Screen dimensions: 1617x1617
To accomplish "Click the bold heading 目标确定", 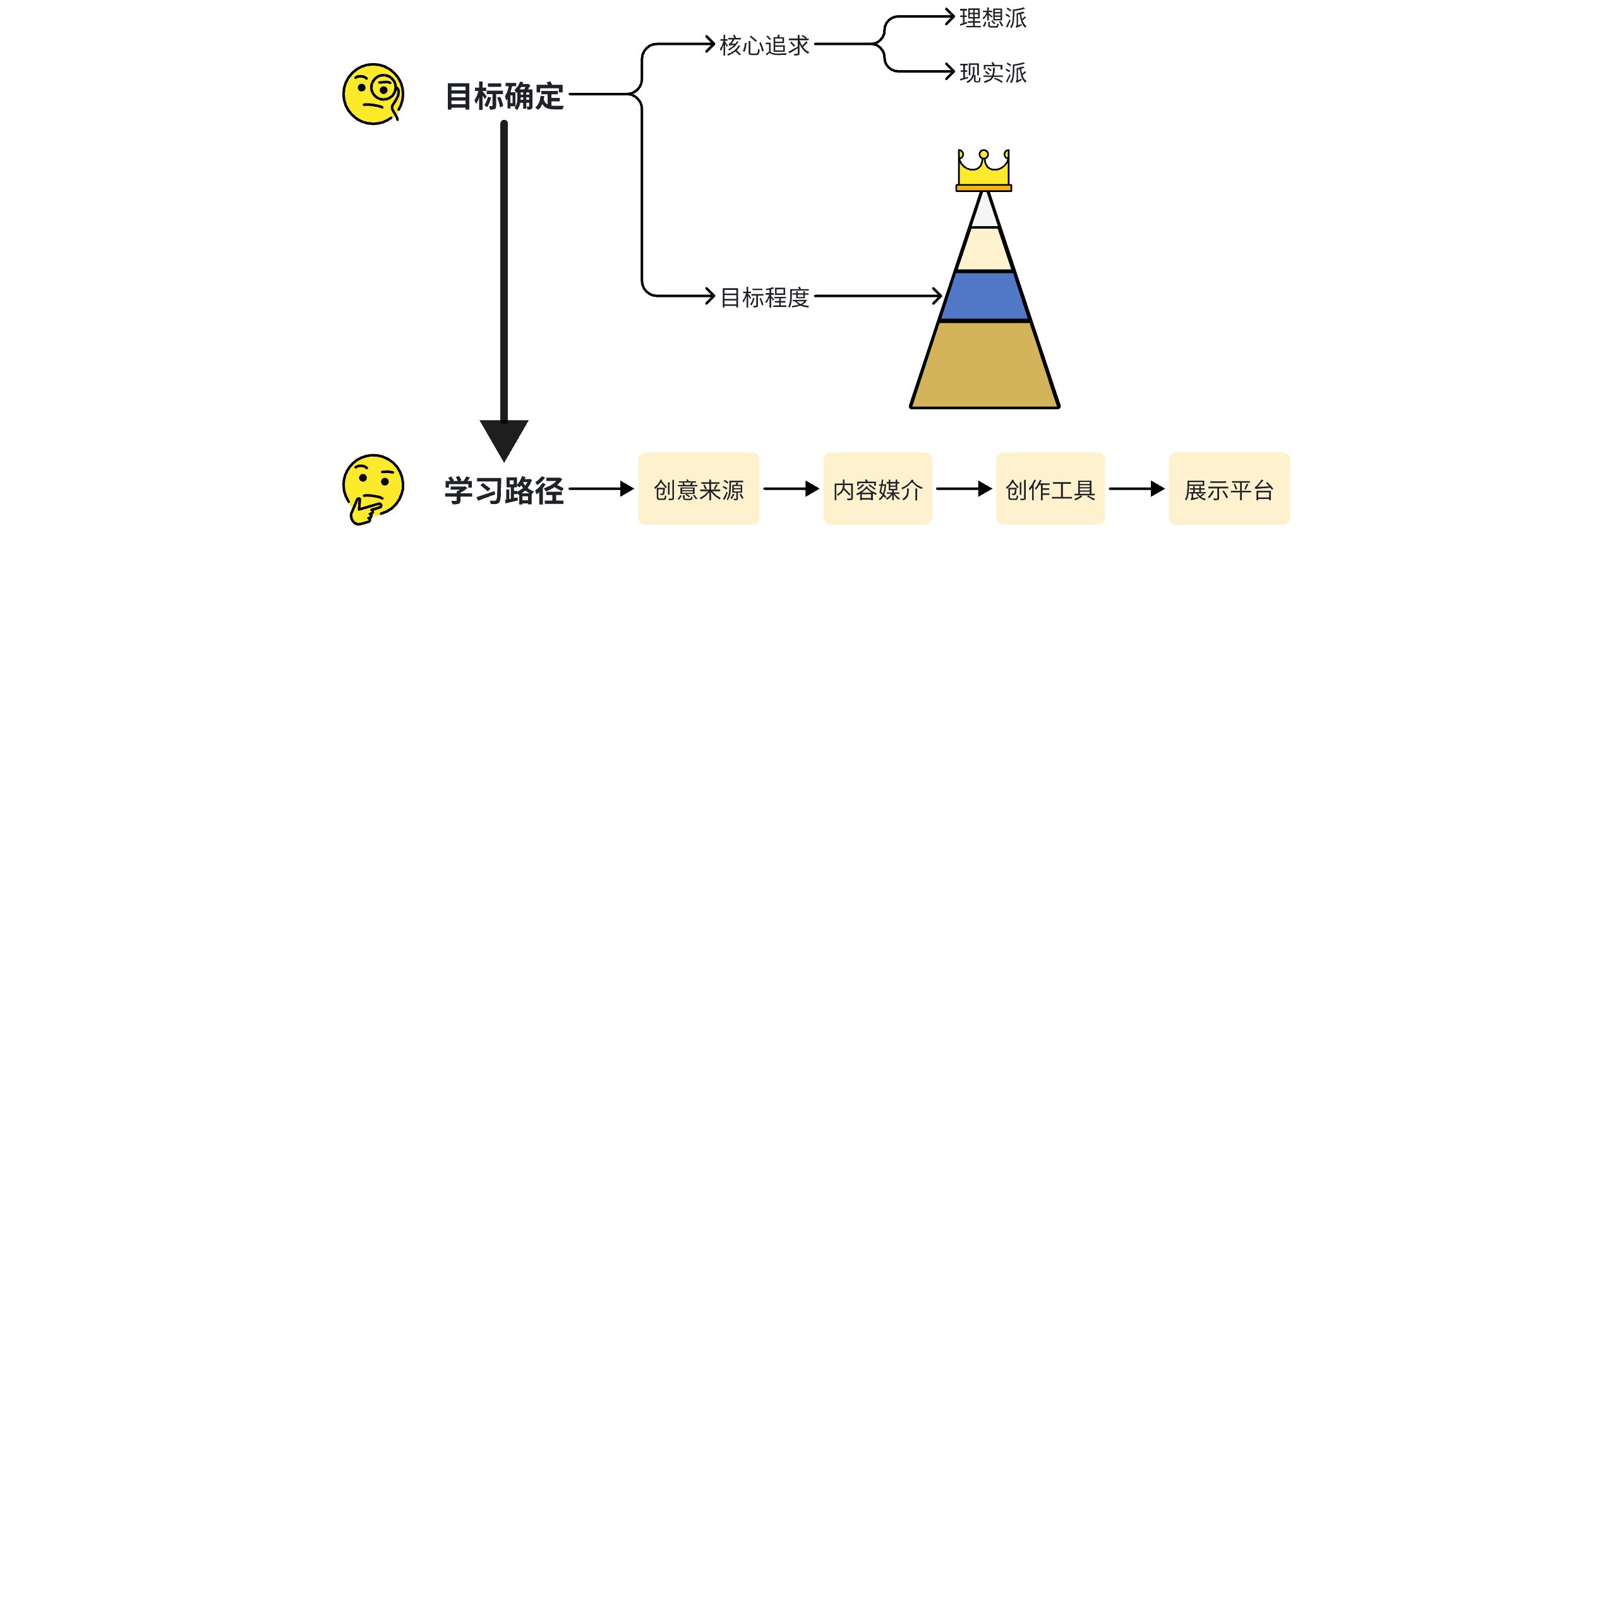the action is coord(504,96).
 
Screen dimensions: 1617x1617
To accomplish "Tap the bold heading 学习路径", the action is coord(504,490).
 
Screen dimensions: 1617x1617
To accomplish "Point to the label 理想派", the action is coord(993,18).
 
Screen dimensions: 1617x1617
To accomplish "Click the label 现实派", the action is coord(993,73).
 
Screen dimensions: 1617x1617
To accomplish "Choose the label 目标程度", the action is coord(764,297).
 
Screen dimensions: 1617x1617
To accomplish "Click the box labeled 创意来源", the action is coord(698,489).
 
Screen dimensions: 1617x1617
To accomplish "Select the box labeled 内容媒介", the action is coord(877,489).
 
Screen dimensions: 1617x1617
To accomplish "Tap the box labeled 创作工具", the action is coord(1050,489).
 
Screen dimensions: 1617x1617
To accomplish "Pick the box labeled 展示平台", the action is coord(1229,489).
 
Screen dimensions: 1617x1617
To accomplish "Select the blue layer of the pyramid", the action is coord(984,296).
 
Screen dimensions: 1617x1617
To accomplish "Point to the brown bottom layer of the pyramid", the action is coord(984,365).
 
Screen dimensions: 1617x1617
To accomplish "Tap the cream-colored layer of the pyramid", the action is coord(984,249).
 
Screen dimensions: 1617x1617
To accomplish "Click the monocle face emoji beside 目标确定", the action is coord(373,93).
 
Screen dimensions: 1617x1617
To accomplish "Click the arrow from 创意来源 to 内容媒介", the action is coord(791,489).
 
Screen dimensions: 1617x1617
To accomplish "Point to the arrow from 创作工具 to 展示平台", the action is coord(1136,489).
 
